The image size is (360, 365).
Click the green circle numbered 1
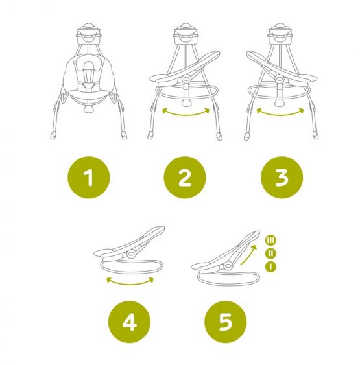[x=88, y=178]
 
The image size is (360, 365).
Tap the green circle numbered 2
[x=185, y=178]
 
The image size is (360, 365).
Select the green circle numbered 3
[x=282, y=178]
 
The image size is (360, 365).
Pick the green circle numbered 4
[x=129, y=322]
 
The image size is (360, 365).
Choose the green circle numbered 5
[x=226, y=322]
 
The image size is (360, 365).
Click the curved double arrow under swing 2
[x=186, y=114]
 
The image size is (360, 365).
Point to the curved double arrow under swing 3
[x=280, y=114]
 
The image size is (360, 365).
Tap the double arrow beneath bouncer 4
[x=130, y=283]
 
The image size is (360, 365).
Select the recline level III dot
[x=270, y=241]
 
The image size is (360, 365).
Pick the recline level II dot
[x=270, y=253]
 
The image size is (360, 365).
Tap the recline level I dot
[x=270, y=266]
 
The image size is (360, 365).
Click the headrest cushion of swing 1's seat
[x=88, y=63]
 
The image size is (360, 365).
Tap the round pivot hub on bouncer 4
[x=131, y=253]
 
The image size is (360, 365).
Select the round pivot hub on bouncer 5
[x=228, y=265]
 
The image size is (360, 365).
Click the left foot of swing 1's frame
[x=53, y=135]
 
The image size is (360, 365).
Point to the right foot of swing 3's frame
[x=315, y=135]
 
